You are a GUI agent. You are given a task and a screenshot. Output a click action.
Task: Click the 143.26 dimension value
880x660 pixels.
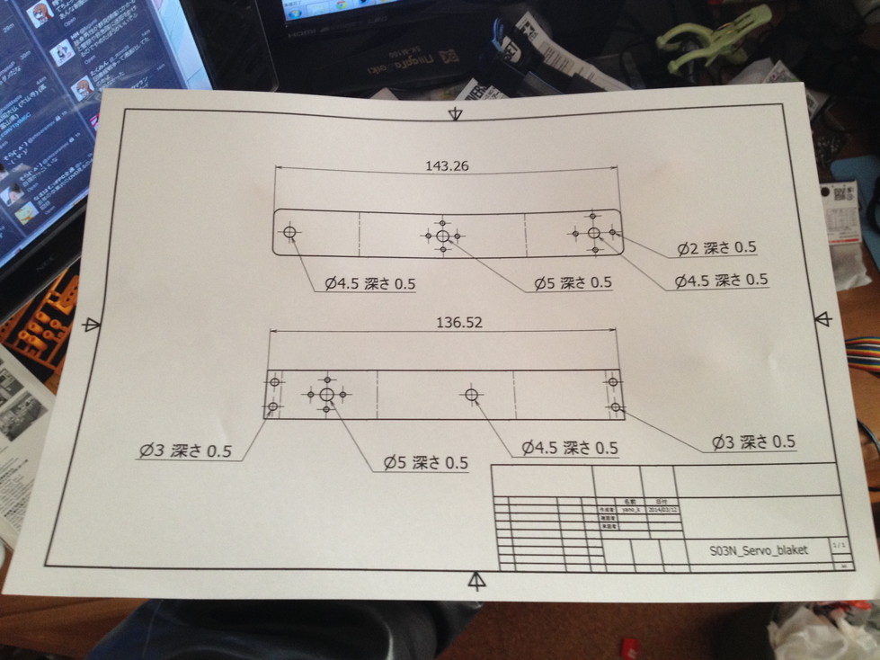coord(447,165)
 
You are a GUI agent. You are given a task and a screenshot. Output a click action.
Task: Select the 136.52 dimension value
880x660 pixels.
coord(458,323)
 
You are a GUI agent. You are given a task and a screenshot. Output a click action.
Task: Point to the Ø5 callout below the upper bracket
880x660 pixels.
coord(573,282)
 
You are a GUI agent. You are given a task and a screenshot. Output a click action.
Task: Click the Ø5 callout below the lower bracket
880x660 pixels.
coord(425,463)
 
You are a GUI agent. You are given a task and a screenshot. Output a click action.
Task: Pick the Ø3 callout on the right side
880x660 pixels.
coord(753,441)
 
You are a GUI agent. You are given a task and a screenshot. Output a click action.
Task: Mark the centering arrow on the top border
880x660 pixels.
coord(456,113)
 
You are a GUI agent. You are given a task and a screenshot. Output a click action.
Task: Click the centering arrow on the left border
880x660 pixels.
coord(91,325)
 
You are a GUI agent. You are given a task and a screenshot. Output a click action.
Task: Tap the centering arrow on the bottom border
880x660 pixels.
coord(477,580)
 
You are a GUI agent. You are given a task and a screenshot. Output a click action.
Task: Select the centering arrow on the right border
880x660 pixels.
coord(822,318)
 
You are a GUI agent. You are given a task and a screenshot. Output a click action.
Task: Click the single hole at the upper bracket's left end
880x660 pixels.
coord(289,232)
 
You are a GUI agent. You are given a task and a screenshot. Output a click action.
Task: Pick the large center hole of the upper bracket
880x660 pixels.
coord(442,236)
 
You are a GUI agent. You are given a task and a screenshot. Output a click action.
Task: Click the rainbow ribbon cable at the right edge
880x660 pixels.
coord(862,353)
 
